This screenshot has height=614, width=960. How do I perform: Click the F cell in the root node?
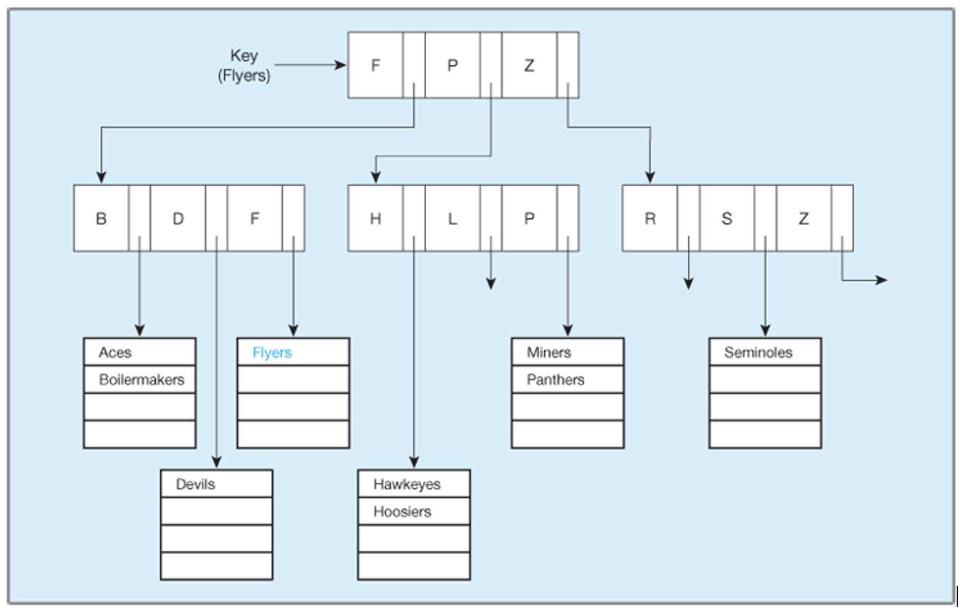click(x=375, y=65)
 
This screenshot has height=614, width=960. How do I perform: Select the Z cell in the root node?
click(x=529, y=65)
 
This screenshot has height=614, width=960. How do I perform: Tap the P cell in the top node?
click(x=452, y=65)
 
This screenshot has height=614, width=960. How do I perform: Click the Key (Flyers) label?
click(x=244, y=65)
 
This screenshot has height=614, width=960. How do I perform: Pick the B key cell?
click(x=101, y=218)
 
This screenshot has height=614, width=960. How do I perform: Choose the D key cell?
click(x=178, y=218)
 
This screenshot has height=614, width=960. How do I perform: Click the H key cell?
click(x=375, y=218)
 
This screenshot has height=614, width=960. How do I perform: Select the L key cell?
click(x=452, y=218)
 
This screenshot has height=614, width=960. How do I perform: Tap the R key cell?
click(x=650, y=218)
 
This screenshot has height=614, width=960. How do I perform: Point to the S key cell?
click(x=727, y=218)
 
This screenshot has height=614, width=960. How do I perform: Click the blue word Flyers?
click(x=272, y=352)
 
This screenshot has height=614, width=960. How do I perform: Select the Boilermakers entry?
click(x=141, y=380)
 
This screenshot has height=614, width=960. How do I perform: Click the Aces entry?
click(x=115, y=352)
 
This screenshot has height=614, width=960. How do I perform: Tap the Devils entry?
click(x=195, y=484)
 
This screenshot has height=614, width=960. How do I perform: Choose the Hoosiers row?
click(x=402, y=511)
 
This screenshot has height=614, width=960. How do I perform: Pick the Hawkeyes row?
click(x=407, y=484)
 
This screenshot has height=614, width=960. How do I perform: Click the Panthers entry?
click(x=555, y=380)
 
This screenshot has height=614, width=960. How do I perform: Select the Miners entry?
click(x=549, y=352)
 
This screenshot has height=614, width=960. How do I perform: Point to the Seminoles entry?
click(x=758, y=352)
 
